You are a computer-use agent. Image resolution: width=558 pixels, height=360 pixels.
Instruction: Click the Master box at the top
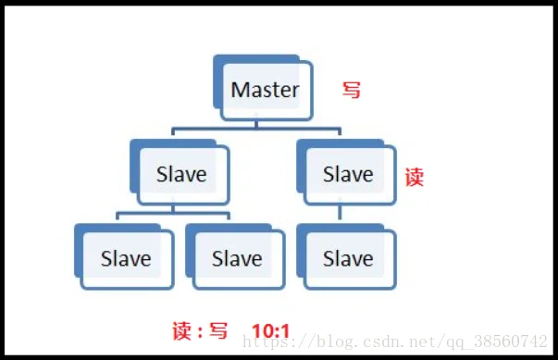pyautogui.click(x=266, y=91)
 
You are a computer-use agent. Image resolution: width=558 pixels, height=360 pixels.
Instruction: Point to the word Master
pyautogui.click(x=266, y=91)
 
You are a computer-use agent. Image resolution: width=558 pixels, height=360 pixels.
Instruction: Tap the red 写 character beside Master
pyautogui.click(x=352, y=91)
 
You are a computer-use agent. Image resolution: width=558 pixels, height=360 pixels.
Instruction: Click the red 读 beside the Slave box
pyautogui.click(x=414, y=178)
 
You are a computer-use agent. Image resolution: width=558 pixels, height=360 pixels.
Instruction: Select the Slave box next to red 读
pyautogui.click(x=348, y=175)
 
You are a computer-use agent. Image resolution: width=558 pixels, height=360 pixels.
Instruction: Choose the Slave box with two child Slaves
pyautogui.click(x=181, y=175)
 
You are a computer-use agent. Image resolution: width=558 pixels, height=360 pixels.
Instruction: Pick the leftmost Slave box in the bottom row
pyautogui.click(x=126, y=259)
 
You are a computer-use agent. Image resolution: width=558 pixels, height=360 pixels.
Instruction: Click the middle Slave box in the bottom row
pyautogui.click(x=237, y=259)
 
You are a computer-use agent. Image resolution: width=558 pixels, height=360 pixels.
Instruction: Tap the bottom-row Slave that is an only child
pyautogui.click(x=348, y=259)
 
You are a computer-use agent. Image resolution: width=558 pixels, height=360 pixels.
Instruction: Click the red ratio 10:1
pyautogui.click(x=271, y=331)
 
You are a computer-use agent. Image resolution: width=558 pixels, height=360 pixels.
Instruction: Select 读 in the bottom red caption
pyautogui.click(x=181, y=331)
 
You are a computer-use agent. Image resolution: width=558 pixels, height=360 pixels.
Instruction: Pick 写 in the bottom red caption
pyautogui.click(x=218, y=331)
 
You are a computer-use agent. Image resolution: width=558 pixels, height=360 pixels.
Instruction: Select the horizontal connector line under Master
pyautogui.click(x=256, y=129)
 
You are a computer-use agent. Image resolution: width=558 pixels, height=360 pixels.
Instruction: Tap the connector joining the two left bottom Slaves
pyautogui.click(x=173, y=214)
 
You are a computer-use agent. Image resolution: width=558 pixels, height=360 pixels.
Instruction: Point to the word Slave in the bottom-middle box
pyautogui.click(x=237, y=259)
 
